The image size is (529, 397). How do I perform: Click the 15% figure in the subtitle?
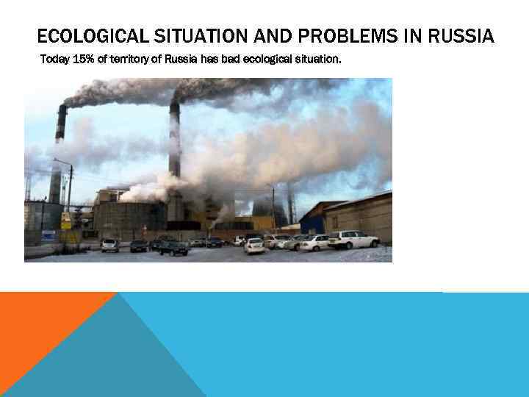[83, 59]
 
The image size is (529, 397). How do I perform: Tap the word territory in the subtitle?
[129, 59]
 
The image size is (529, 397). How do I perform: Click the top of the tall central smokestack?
[174, 105]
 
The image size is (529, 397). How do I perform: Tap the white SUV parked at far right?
[353, 240]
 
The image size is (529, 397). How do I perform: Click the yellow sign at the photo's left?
[66, 220]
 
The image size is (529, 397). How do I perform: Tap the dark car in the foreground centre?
[173, 248]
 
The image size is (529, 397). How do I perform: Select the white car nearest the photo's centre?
[254, 246]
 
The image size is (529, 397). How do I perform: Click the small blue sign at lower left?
[48, 235]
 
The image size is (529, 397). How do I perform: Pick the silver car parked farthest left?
[110, 245]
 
